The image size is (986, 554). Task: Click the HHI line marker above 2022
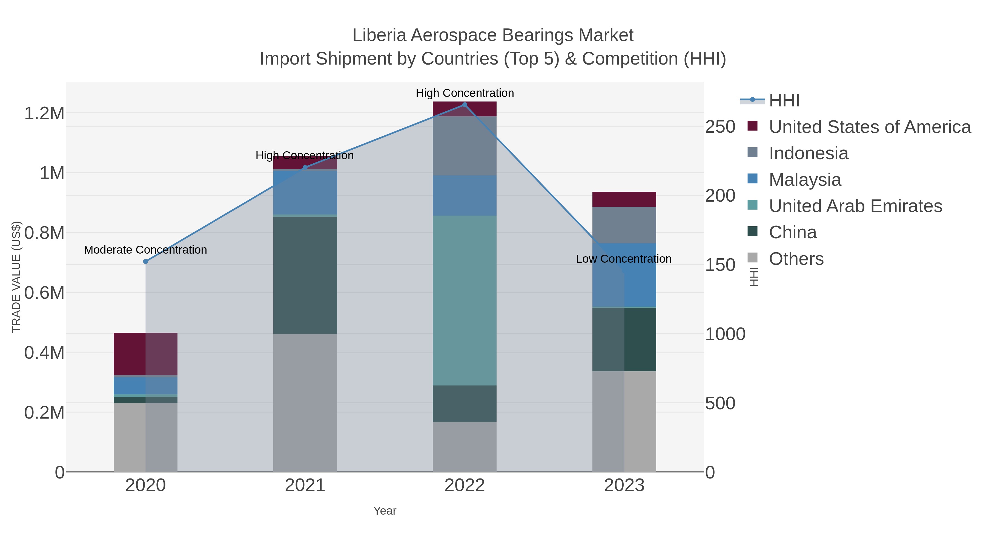point(465,105)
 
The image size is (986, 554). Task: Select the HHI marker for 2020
point(145,262)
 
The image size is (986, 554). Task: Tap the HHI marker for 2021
point(305,167)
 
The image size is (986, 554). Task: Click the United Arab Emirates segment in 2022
point(465,300)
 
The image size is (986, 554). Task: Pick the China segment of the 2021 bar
point(305,275)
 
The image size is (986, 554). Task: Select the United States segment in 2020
point(145,354)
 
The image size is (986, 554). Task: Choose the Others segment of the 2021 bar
point(305,403)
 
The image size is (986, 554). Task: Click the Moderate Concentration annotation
point(145,250)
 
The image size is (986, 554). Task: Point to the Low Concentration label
point(624,259)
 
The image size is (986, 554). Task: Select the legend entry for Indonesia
point(809,153)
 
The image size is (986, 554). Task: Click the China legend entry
point(792,233)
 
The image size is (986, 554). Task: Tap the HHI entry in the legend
point(784,101)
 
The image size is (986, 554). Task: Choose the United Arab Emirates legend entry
point(855,206)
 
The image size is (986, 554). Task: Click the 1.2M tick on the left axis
point(44,114)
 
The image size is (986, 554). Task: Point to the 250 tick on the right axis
point(720,127)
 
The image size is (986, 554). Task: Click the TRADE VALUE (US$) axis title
point(16,277)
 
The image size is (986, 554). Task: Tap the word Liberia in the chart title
point(379,35)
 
